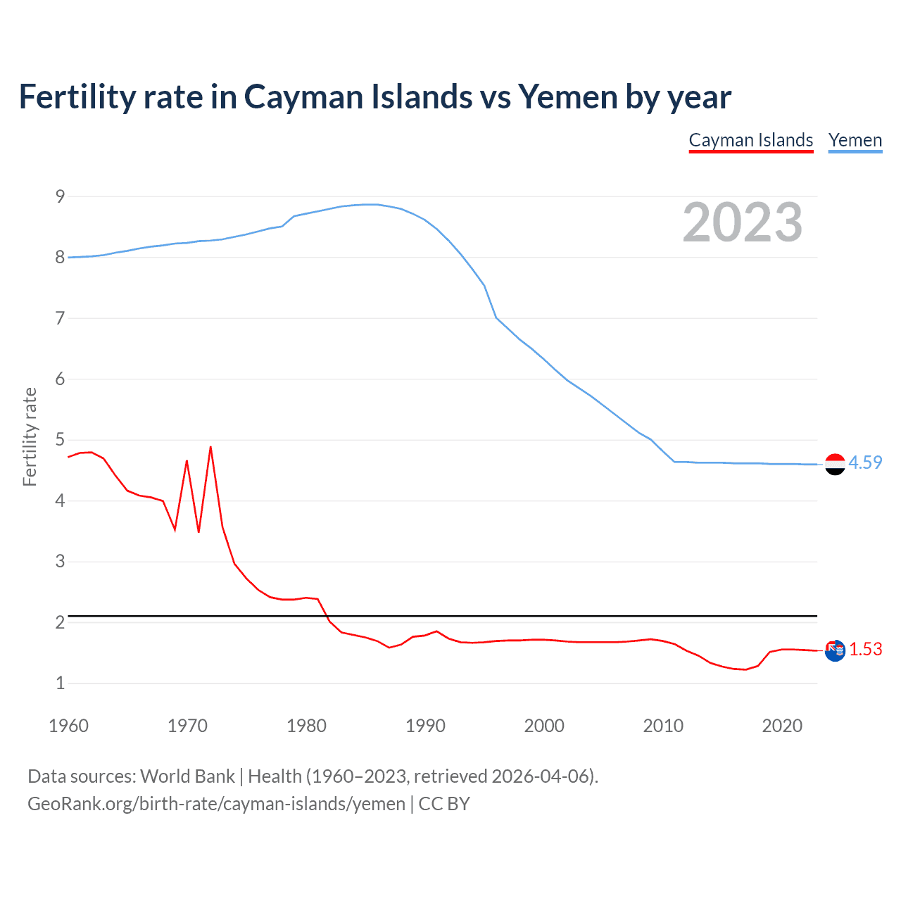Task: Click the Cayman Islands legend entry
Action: (751, 140)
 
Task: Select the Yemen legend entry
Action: (855, 140)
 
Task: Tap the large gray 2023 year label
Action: (743, 222)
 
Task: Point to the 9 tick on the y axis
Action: (60, 196)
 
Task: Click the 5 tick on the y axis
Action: (60, 440)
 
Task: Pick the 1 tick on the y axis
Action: (60, 683)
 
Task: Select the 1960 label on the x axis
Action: (68, 726)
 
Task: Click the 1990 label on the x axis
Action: (425, 726)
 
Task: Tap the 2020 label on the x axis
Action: (782, 726)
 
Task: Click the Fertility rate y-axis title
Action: (30, 436)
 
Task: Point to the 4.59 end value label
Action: (865, 462)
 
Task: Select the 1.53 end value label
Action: (865, 649)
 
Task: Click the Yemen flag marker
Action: (835, 465)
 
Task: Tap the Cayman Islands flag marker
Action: (835, 651)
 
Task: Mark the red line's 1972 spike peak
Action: (210, 447)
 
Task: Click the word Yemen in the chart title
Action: (567, 96)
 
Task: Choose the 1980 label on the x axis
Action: (306, 726)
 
